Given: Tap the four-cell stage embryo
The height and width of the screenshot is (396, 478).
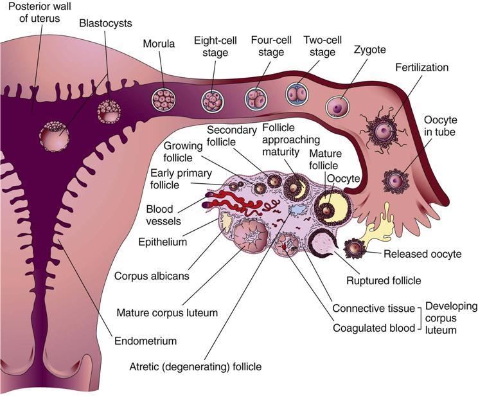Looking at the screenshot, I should click(255, 97).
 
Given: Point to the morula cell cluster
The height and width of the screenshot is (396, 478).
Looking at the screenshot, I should click(163, 98).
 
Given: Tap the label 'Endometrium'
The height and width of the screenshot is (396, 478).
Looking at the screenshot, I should click(146, 341).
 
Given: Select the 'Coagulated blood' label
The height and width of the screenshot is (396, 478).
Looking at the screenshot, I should click(373, 328).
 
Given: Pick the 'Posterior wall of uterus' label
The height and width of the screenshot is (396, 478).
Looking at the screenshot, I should click(36, 12).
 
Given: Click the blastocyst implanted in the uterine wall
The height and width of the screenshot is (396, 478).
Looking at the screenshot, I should click(53, 136).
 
